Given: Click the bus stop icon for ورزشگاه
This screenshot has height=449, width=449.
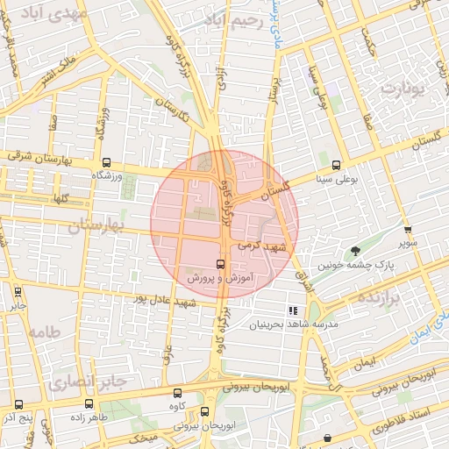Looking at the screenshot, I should point(106,162).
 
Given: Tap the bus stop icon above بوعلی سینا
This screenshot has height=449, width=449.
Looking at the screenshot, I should point(336,165).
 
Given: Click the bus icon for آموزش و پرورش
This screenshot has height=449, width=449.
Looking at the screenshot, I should point(220,263).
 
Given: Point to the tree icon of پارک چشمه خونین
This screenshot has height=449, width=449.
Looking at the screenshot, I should point(355,251).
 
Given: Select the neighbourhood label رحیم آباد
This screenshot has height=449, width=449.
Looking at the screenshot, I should point(232,19).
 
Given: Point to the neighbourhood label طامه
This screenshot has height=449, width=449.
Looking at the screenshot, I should point(42,332).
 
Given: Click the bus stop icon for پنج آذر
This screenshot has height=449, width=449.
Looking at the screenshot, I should point(19,405).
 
